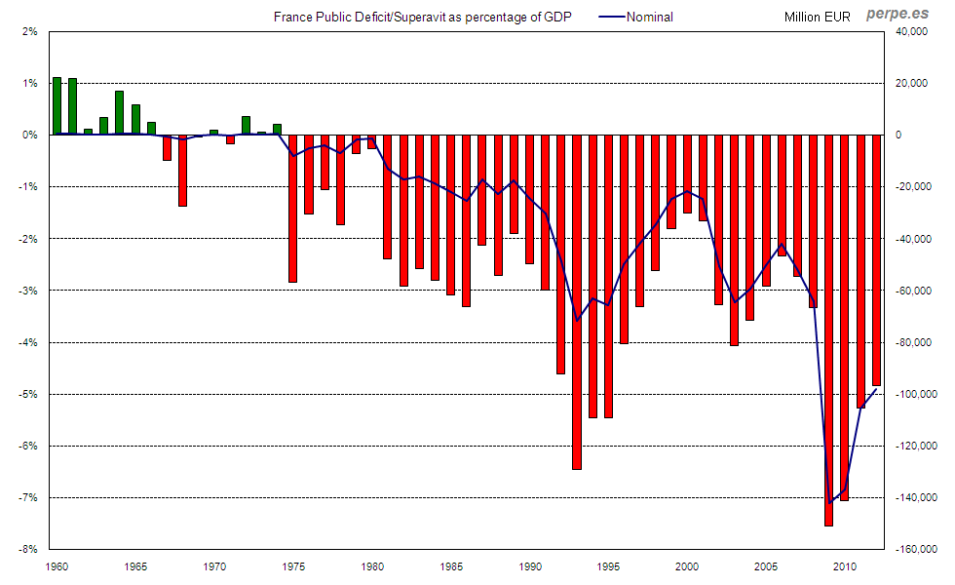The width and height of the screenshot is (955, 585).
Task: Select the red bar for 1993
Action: coord(576,302)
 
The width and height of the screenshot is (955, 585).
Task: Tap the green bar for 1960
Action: coord(57,105)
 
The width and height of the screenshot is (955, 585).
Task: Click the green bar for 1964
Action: coord(119,113)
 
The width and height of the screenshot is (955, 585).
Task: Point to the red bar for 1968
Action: coord(182,171)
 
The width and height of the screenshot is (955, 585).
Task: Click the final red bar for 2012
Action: coord(876,260)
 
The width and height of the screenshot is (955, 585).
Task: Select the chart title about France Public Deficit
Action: coord(422,17)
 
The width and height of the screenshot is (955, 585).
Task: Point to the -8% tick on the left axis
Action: coord(29,549)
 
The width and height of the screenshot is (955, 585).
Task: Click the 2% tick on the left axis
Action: coord(30,31)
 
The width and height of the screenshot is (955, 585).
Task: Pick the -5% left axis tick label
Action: coord(29,394)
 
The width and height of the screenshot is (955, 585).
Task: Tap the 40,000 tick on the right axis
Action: coord(914,31)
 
